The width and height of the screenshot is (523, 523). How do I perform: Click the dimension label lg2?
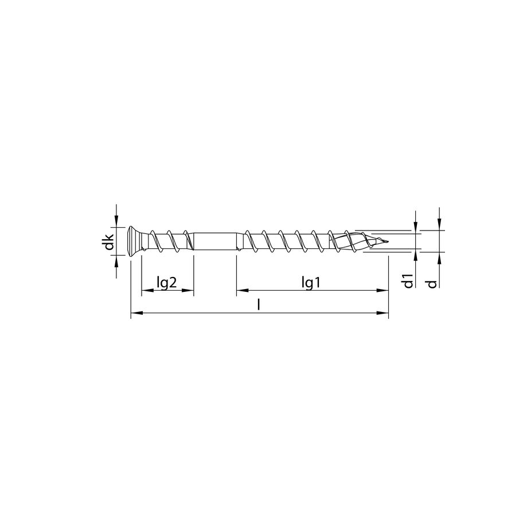(166, 282)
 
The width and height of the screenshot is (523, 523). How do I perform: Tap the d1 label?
(408, 281)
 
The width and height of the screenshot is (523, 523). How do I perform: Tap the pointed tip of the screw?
(385, 241)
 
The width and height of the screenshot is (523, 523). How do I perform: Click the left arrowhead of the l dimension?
(136, 313)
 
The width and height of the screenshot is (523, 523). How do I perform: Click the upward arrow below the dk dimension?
(116, 261)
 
